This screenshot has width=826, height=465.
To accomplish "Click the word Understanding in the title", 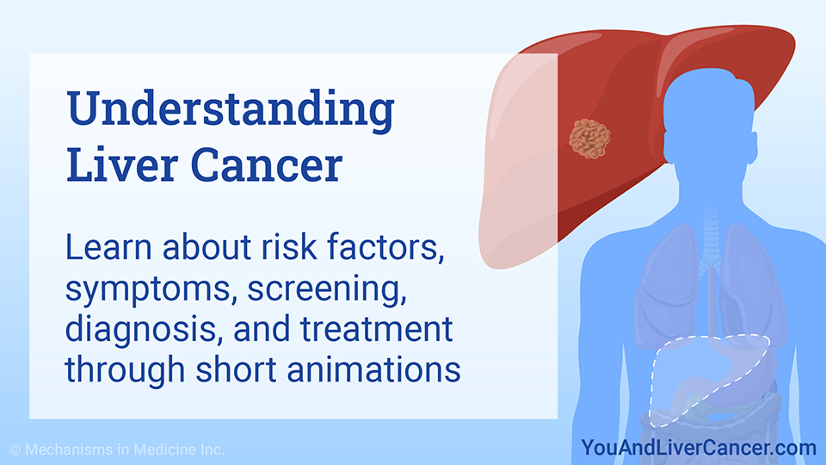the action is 231,109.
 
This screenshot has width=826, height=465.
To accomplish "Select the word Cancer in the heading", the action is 267,165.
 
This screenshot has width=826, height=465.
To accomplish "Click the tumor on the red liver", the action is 589,138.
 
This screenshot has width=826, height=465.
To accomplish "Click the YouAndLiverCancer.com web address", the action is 699,448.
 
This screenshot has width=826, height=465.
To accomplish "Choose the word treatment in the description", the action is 377,330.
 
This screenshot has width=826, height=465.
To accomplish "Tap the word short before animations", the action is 236,369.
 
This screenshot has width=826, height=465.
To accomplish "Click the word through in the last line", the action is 125,370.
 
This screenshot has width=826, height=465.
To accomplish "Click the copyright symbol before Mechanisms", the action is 15,449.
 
